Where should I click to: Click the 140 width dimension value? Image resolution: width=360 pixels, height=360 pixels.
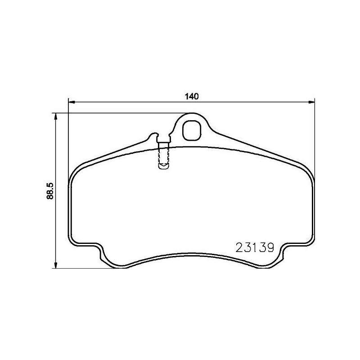192,96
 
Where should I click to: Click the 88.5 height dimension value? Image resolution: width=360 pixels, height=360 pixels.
50,191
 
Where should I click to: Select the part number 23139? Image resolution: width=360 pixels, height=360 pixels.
255,248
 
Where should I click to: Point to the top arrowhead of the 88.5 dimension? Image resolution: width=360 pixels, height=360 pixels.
56,116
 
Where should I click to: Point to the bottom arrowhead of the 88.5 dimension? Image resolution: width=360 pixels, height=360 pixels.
56,265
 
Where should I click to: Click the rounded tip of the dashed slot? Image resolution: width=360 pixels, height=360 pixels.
163,167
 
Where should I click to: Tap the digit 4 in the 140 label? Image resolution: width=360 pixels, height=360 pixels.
192,96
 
